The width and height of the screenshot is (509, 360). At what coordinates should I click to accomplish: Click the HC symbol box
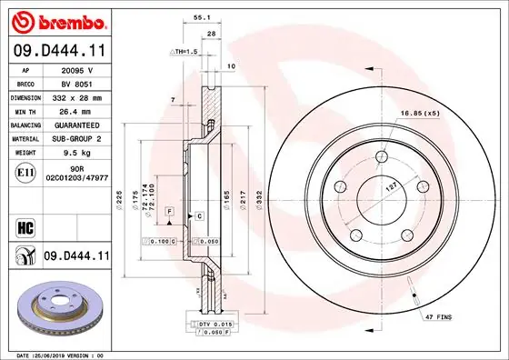pos(25,225)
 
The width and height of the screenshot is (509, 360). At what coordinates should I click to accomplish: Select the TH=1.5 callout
pos(185,53)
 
